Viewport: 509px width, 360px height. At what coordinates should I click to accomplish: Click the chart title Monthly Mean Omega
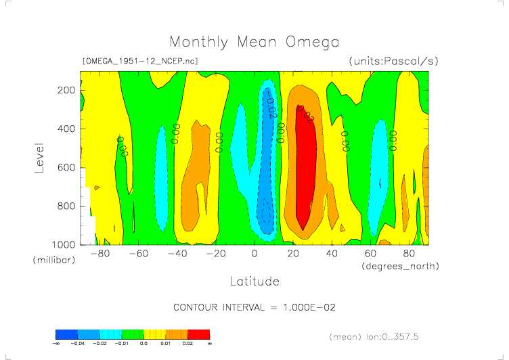[254, 42]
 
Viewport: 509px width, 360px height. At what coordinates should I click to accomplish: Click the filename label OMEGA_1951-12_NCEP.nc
[139, 61]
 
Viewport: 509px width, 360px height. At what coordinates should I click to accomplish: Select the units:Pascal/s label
[393, 61]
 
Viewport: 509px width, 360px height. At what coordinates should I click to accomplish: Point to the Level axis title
[39, 157]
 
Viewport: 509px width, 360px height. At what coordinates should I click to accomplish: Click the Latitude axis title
[254, 281]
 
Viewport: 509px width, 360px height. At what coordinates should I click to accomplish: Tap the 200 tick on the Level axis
[66, 90]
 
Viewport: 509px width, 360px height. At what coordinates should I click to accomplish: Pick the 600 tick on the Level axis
[66, 167]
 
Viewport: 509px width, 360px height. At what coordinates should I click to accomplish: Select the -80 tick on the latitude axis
[100, 254]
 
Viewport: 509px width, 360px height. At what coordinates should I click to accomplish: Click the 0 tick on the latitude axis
[255, 254]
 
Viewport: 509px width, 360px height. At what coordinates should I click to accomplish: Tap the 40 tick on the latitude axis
[332, 254]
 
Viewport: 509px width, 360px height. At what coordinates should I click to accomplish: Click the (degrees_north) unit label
[401, 266]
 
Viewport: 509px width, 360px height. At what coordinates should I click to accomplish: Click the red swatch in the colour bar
[198, 334]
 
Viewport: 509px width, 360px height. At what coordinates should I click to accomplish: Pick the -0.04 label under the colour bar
[79, 344]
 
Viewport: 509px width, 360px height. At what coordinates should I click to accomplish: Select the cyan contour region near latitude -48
[161, 176]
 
